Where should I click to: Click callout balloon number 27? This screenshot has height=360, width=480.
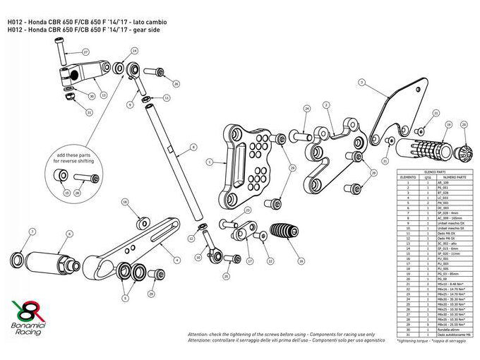[85, 52]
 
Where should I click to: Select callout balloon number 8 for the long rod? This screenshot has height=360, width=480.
[191, 149]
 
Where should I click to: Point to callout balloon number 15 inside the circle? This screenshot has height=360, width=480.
[66, 192]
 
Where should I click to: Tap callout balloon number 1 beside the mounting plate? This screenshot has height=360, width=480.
[210, 162]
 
